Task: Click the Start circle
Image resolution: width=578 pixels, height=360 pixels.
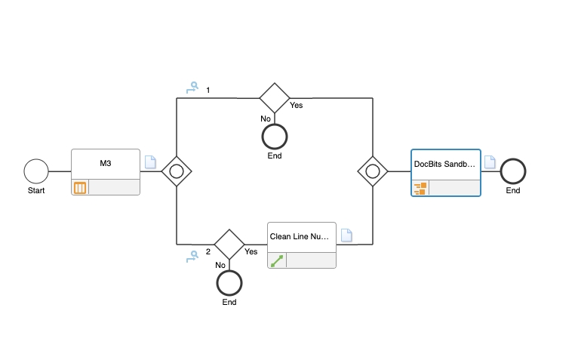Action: pyautogui.click(x=35, y=171)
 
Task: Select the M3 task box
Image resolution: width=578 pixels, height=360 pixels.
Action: pyautogui.click(x=106, y=164)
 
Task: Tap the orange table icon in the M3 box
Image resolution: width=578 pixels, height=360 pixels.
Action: pyautogui.click(x=80, y=187)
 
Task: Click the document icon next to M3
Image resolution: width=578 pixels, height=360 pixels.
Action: pyautogui.click(x=150, y=162)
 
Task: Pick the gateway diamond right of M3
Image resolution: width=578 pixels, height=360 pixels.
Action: pyautogui.click(x=177, y=171)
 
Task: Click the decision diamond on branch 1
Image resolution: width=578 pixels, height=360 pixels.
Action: pyautogui.click(x=275, y=98)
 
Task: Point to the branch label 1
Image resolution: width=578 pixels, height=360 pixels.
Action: pyautogui.click(x=208, y=91)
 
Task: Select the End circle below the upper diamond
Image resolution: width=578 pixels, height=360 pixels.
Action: pyautogui.click(x=275, y=137)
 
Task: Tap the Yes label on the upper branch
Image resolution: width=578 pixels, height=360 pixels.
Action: pyautogui.click(x=297, y=106)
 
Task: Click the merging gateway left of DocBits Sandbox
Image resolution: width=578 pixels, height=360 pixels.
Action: pyautogui.click(x=373, y=171)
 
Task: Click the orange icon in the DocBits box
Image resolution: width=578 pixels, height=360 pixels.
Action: pyautogui.click(x=420, y=188)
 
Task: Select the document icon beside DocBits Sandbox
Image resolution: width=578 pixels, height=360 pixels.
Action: pyautogui.click(x=490, y=162)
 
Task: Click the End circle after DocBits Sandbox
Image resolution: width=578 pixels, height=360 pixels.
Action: pyautogui.click(x=513, y=171)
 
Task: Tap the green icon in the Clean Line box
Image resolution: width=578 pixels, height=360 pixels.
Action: pyautogui.click(x=277, y=260)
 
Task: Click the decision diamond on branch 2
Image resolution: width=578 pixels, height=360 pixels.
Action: pyautogui.click(x=229, y=245)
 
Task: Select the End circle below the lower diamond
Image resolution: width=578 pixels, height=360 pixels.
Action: pyautogui.click(x=229, y=283)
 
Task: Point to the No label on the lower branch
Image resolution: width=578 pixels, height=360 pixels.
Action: pyautogui.click(x=220, y=265)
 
